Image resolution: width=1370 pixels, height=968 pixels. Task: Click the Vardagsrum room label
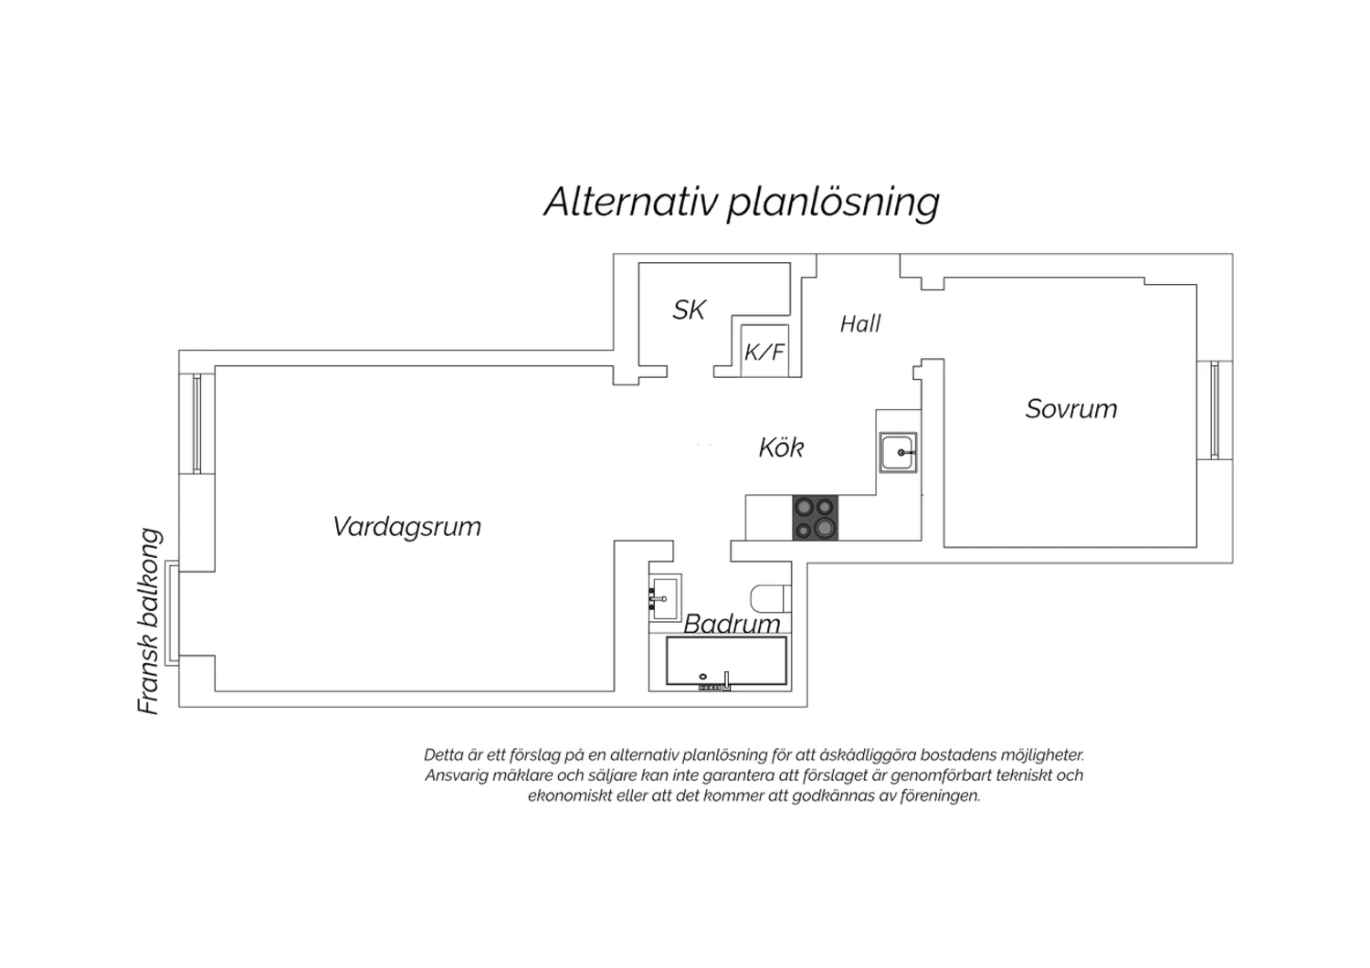point(406,527)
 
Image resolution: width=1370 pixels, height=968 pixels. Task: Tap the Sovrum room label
point(1071,409)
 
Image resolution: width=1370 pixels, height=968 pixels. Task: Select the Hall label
point(860,324)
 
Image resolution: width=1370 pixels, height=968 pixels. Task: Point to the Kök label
point(781,447)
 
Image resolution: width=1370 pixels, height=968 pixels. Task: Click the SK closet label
point(690,310)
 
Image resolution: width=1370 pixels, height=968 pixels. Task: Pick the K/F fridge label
point(764,352)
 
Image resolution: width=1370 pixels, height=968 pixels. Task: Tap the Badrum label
point(732,624)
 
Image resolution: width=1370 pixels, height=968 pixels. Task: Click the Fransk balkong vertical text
point(149,621)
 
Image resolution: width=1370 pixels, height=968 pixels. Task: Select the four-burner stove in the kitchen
point(816,518)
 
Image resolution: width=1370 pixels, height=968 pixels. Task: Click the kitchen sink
point(898,453)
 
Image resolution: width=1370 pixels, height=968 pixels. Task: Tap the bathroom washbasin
point(665,598)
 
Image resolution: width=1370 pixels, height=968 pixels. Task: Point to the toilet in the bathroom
point(771,599)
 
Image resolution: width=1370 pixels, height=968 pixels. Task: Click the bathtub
point(727,663)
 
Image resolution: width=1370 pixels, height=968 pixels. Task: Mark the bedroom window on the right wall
point(1215,410)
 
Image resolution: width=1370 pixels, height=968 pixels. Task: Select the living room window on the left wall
point(197,423)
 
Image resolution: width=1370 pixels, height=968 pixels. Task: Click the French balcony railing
point(172,613)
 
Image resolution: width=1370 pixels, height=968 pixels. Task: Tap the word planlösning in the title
point(833,204)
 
